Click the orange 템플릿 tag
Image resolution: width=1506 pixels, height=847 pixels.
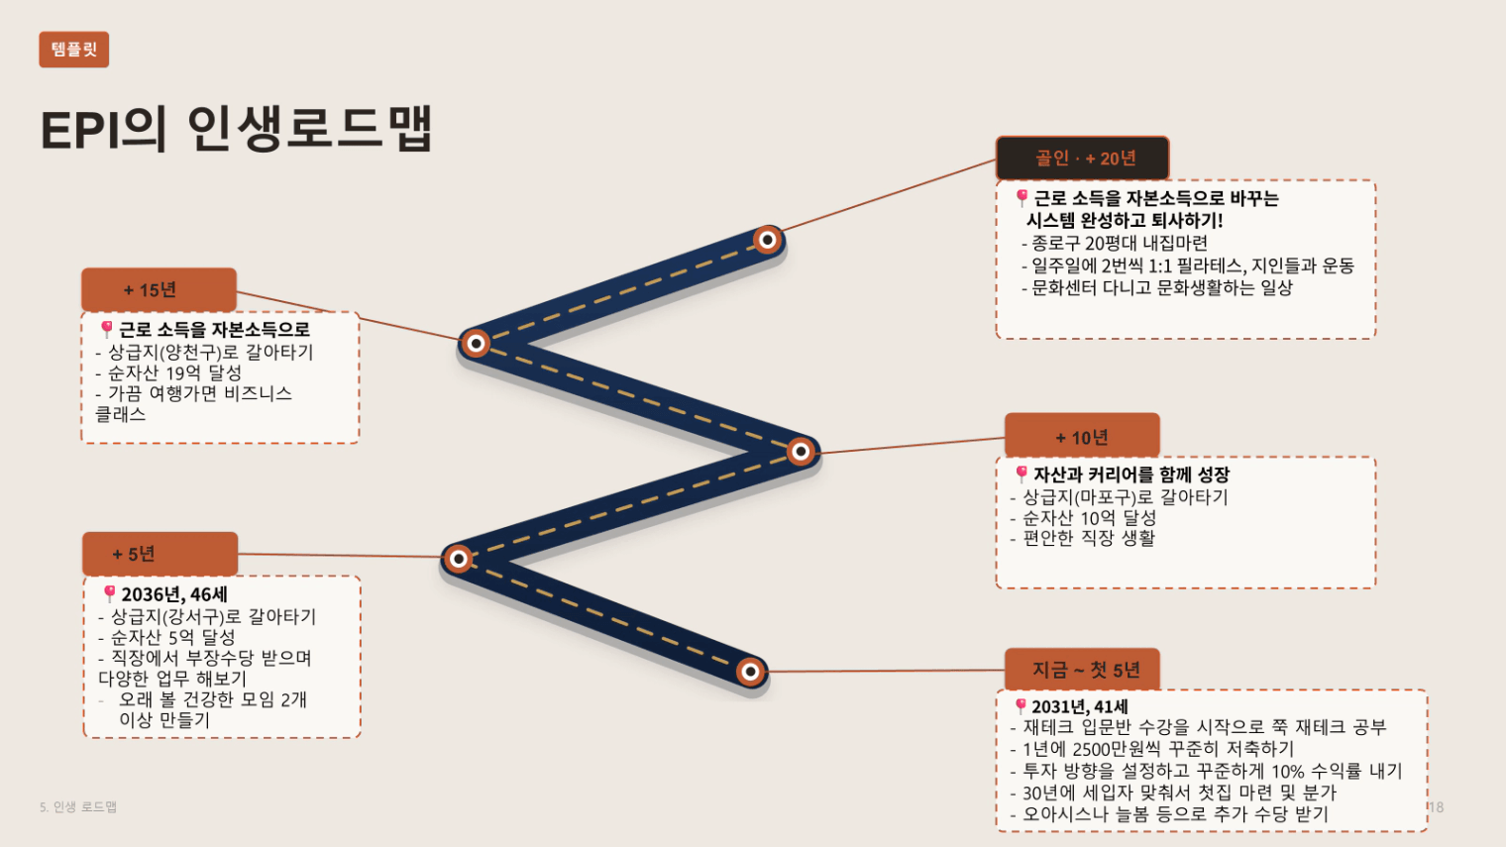74,50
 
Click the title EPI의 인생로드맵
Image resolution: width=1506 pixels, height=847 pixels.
236,129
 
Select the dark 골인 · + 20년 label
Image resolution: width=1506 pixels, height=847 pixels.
1082,158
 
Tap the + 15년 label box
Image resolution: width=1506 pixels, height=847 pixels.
159,289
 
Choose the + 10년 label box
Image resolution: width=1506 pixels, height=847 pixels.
1082,437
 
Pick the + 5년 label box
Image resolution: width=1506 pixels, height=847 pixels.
161,554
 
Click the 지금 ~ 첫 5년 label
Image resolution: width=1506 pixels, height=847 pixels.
1082,670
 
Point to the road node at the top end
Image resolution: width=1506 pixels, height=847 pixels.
768,240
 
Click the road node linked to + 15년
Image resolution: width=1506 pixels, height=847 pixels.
476,344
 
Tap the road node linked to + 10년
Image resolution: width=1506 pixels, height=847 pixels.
801,451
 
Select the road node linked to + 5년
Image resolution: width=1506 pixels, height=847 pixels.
459,558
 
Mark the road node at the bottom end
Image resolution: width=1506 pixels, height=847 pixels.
751,671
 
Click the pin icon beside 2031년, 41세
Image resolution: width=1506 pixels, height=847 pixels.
1021,705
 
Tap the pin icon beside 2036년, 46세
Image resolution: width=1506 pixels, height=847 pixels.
110,593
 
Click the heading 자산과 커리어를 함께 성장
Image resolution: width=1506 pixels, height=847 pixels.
1130,475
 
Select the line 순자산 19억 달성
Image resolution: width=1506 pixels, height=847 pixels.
168,372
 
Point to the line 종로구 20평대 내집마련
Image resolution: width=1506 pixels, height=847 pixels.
1115,243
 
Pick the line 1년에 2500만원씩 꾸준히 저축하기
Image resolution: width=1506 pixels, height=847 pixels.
1151,749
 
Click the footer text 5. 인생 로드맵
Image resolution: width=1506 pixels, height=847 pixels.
78,806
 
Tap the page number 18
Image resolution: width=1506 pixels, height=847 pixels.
1436,806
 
